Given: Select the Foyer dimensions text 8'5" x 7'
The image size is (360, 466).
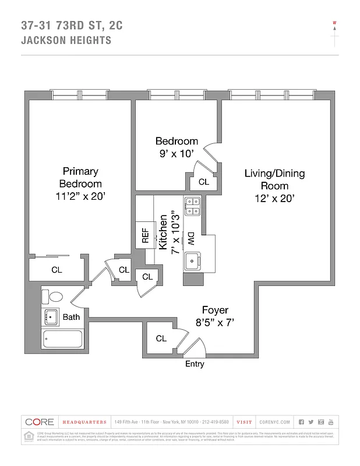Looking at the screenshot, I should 215,322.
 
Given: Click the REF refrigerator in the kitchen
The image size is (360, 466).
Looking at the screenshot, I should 145,235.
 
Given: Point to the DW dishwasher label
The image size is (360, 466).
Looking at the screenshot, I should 190,238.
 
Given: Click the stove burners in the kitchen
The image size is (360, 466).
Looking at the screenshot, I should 192,207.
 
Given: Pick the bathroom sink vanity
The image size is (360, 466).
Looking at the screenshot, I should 51,317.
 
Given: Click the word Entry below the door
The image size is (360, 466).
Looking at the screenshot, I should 195,364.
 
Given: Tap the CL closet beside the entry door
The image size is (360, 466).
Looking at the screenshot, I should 161,338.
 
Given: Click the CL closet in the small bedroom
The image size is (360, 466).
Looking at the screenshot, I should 203,182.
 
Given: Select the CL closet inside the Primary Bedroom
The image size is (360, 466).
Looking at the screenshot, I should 57,270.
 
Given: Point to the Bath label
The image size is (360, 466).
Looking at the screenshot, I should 72,317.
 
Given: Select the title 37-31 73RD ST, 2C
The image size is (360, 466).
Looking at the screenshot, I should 72,25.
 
